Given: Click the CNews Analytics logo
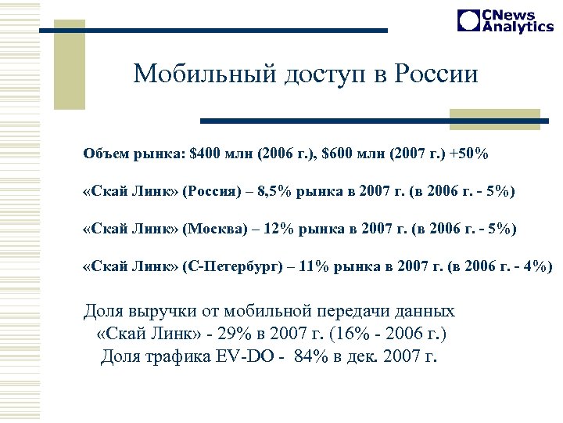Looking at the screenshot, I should [505, 21].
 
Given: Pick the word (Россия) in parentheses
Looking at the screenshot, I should [210, 192].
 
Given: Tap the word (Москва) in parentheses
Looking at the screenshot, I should [211, 230].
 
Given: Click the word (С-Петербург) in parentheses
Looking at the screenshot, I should [233, 267].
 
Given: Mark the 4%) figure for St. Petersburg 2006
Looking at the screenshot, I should [535, 267].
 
